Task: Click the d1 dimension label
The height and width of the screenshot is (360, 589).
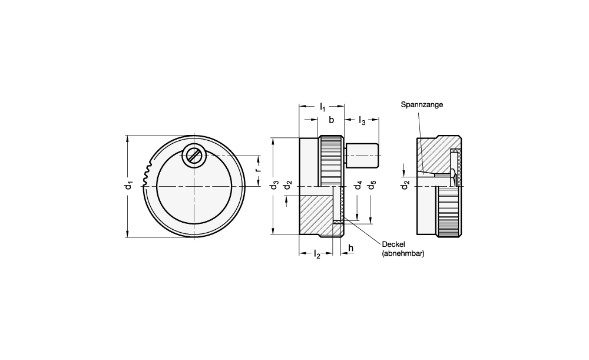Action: click(129, 186)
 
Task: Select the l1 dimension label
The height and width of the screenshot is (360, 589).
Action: click(322, 107)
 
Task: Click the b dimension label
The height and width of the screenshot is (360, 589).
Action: click(331, 120)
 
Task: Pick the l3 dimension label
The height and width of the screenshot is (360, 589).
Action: click(362, 121)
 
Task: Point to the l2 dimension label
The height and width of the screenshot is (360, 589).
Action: click(316, 254)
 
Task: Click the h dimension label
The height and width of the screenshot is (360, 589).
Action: click(351, 249)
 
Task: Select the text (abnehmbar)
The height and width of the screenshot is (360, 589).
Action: click(403, 254)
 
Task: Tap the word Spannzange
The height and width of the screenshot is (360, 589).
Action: click(422, 104)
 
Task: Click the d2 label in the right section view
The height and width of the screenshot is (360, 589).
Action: click(405, 186)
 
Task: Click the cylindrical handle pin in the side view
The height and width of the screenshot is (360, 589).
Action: click(362, 155)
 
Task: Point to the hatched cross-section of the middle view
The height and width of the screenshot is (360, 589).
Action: click(315, 215)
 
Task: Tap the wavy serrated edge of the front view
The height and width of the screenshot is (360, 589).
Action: click(146, 174)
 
